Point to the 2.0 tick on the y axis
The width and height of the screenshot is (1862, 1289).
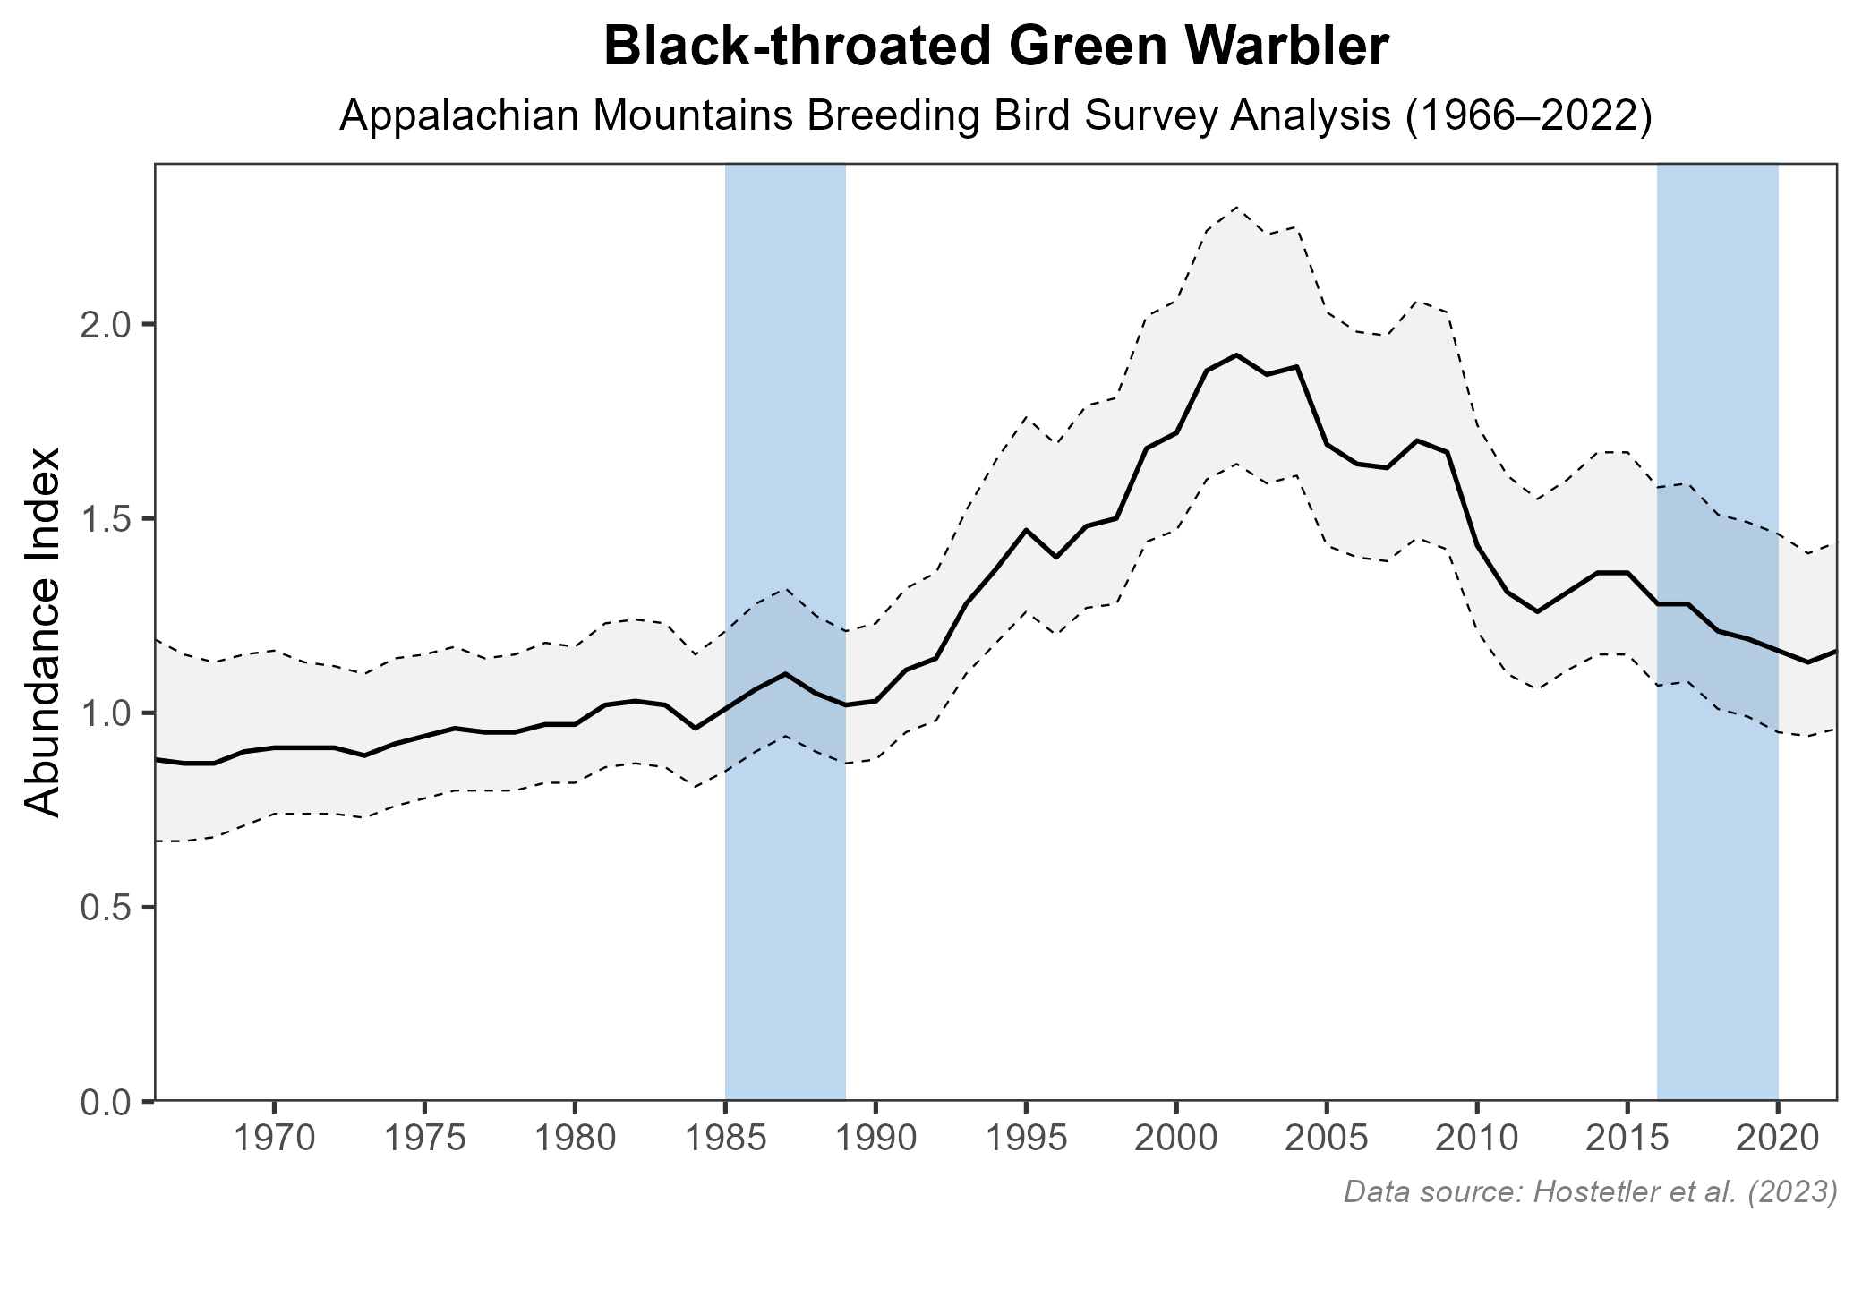coord(106,324)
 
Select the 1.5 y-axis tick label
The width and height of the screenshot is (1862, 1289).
coord(106,519)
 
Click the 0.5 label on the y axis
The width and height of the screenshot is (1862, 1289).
coord(106,908)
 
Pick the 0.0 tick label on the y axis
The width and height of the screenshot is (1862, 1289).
coord(106,1102)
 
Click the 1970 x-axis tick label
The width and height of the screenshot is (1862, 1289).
coord(273,1140)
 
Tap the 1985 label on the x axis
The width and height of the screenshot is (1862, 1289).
coord(725,1140)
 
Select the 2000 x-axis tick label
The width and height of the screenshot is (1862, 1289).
coord(1176,1140)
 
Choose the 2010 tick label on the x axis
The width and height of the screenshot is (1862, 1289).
coord(1477,1140)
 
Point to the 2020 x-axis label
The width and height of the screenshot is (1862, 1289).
coord(1778,1140)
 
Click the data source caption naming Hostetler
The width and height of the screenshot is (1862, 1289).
coord(1590,1191)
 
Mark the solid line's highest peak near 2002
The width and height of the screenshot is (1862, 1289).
coord(1236,355)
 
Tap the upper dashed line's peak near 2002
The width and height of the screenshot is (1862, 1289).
coord(1236,207)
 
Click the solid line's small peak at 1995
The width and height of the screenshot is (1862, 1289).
coord(1026,530)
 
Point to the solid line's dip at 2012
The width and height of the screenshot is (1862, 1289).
coord(1537,611)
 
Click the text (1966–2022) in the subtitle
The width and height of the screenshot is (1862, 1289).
coord(1527,118)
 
